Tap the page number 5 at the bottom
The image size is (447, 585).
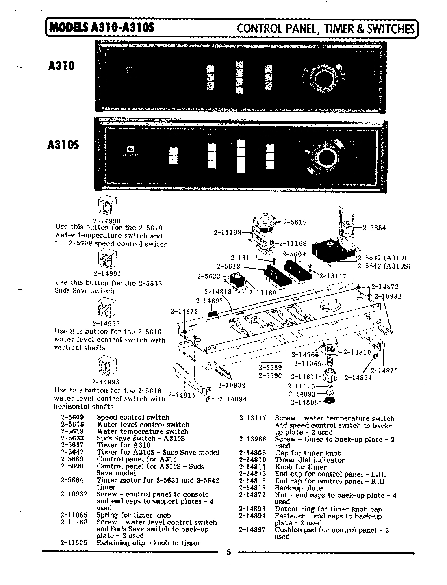[x=229, y=552]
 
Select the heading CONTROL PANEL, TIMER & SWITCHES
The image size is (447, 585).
[x=325, y=28]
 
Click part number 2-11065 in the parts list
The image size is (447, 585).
[x=74, y=515]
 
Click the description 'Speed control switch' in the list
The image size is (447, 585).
[x=133, y=417]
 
